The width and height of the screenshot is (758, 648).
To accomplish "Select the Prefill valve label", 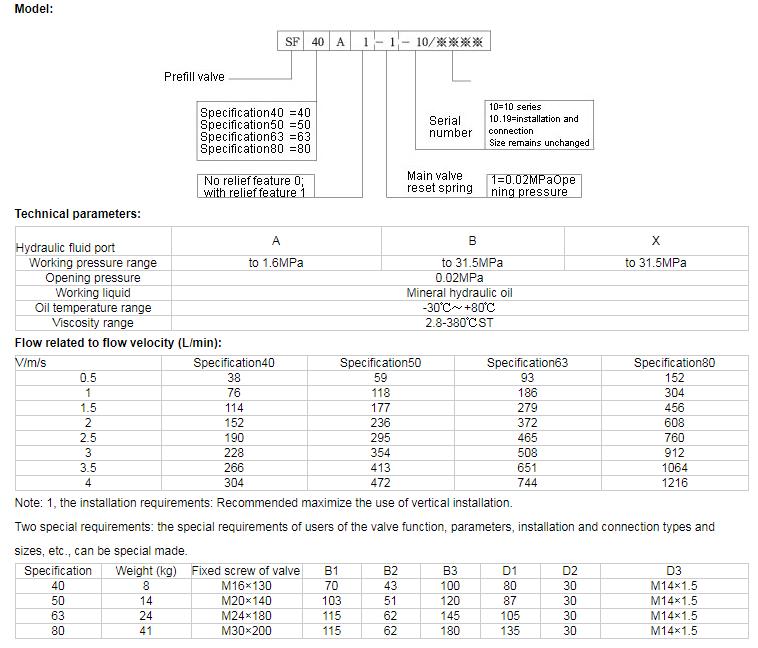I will (x=195, y=77).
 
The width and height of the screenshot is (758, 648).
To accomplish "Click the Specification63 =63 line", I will (x=256, y=137).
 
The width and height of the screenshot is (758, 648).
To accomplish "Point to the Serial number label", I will (x=450, y=127).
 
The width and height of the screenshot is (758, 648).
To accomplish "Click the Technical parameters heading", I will (x=78, y=214).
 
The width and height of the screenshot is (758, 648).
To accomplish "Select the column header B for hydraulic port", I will (x=473, y=241).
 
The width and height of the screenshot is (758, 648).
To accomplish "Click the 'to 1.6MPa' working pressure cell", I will (x=276, y=263).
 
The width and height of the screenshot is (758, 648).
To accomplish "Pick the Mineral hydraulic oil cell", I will (x=473, y=293).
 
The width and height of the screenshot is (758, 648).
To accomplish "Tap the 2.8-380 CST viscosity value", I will (x=473, y=323).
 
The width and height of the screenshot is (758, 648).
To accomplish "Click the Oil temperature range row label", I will (x=93, y=308).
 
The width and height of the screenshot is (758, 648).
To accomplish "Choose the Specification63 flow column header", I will (x=527, y=363).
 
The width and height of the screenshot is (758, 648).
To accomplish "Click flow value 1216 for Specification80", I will (x=675, y=483).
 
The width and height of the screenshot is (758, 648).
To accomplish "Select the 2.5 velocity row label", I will (x=88, y=438).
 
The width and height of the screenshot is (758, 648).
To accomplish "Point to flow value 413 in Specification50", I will (x=380, y=468).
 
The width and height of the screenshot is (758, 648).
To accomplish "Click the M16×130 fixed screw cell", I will (x=245, y=586).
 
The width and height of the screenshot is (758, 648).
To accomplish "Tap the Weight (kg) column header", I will (x=146, y=571).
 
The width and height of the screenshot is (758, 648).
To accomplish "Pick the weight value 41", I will (x=146, y=631).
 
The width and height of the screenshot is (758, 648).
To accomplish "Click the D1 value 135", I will (x=511, y=631).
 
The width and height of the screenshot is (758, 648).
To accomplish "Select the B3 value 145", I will (x=451, y=616).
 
